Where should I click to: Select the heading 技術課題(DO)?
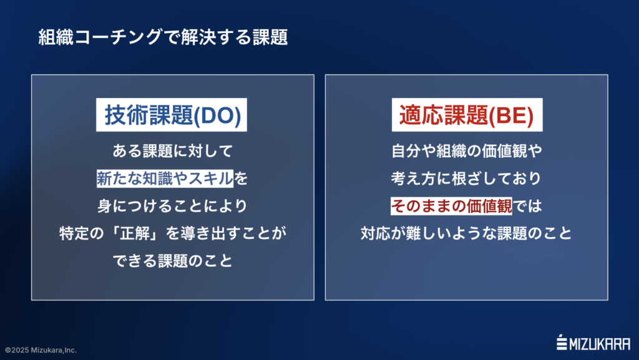[x=172, y=116]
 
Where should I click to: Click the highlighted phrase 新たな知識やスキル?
[x=165, y=179]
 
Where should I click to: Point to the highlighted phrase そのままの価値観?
[x=451, y=205]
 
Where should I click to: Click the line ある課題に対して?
[x=172, y=151]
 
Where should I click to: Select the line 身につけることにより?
[x=172, y=205]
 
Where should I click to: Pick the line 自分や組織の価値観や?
[x=466, y=151]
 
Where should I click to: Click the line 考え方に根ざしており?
[x=466, y=179]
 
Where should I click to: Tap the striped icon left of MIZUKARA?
[x=561, y=343]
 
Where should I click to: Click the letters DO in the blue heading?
[x=218, y=117]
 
